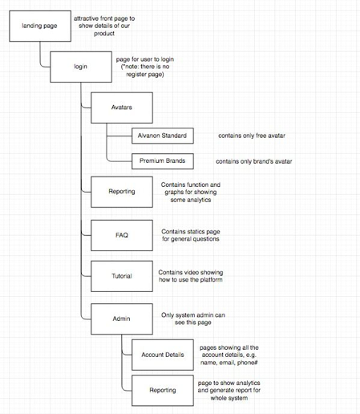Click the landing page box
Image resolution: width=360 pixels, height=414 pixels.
pyautogui.click(x=39, y=26)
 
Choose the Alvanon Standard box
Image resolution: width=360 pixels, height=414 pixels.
pyautogui.click(x=162, y=136)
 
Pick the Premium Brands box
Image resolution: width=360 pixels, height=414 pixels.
pyautogui.click(x=162, y=161)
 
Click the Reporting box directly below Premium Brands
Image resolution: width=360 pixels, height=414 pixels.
pyautogui.click(x=122, y=193)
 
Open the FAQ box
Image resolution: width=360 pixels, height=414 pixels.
pyautogui.click(x=122, y=235)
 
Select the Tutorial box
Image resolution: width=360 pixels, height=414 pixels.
pyautogui.click(x=122, y=276)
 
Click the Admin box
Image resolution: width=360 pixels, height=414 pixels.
pyautogui.click(x=122, y=319)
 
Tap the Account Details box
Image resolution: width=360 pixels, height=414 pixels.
pyautogui.click(x=162, y=354)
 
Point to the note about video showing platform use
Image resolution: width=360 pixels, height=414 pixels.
pyautogui.click(x=190, y=276)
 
